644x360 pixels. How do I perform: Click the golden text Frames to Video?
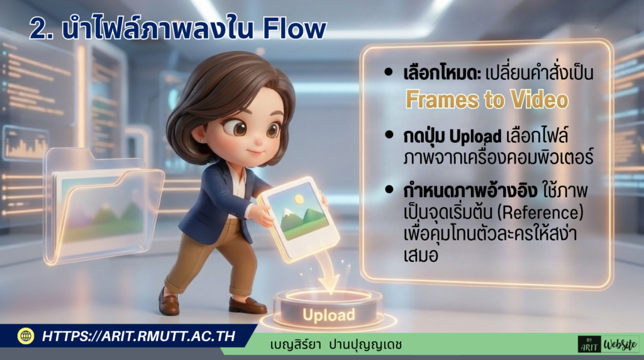(487, 100)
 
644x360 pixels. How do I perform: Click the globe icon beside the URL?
(26, 336)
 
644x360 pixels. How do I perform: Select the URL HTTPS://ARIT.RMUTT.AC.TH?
(138, 336)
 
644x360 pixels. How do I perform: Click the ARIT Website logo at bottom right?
(608, 344)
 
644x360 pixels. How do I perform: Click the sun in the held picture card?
(299, 200)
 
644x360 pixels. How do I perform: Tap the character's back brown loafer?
(168, 302)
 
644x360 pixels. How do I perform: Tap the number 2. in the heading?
(41, 30)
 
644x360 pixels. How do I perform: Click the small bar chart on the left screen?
(25, 144)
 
